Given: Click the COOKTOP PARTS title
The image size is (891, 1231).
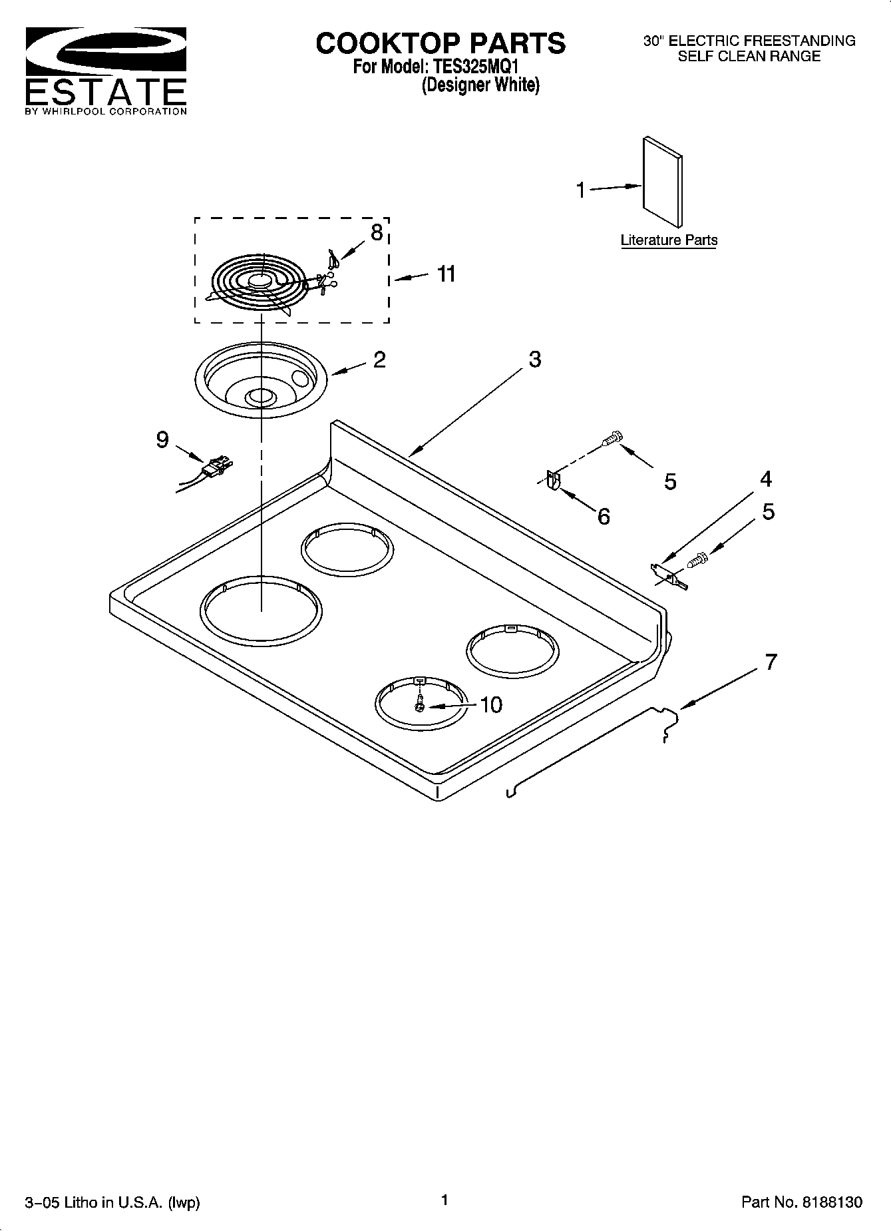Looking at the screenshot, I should pyautogui.click(x=441, y=43).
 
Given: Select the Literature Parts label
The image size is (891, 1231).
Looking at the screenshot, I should pyautogui.click(x=669, y=240).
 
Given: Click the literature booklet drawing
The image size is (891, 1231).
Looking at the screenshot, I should pyautogui.click(x=662, y=182).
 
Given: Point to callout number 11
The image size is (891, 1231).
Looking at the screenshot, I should pyautogui.click(x=446, y=274).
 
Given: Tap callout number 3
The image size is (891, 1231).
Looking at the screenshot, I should pyautogui.click(x=534, y=360).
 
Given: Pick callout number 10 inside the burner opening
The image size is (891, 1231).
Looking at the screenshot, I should pyautogui.click(x=490, y=704).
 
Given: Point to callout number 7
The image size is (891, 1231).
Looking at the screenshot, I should pyautogui.click(x=771, y=662).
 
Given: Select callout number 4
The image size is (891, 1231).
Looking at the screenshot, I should pyautogui.click(x=766, y=479).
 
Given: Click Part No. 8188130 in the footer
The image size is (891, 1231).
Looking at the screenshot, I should pyautogui.click(x=801, y=1202).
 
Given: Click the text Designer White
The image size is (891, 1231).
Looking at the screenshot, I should pyautogui.click(x=480, y=85).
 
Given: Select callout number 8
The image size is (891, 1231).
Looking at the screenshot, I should pyautogui.click(x=377, y=232).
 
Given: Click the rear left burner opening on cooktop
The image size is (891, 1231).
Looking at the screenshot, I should pyautogui.click(x=347, y=550).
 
